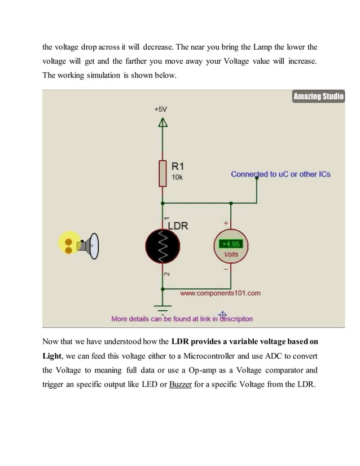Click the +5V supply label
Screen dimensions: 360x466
tap(161, 109)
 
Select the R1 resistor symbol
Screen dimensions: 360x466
tap(163, 173)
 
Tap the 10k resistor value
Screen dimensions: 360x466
tap(177, 177)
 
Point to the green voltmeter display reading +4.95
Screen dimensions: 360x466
tap(231, 244)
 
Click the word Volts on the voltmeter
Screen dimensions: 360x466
tap(231, 254)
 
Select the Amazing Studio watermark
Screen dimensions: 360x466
tap(318, 97)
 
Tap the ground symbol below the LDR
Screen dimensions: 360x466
tap(163, 309)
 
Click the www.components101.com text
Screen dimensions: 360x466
tap(220, 293)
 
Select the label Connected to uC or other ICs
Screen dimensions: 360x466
tap(280, 174)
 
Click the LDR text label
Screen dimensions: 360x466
tap(178, 226)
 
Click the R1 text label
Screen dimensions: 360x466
tap(178, 166)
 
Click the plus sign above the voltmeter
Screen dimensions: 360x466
tap(226, 224)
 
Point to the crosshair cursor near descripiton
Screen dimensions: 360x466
tap(222, 314)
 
